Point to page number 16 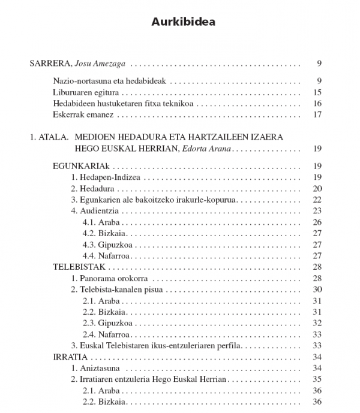pos(318,103)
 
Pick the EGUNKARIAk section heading pos(81,166)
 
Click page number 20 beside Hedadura pos(318,188)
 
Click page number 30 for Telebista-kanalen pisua pos(318,290)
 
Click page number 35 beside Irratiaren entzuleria pos(318,379)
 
